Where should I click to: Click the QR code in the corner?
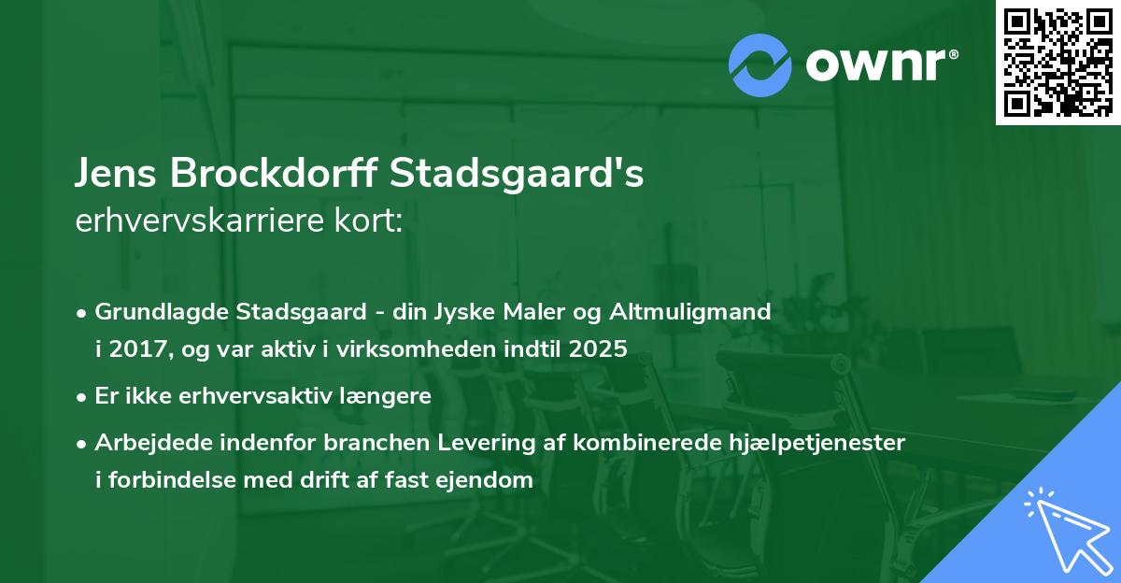(x=1058, y=63)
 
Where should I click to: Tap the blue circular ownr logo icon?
(x=760, y=65)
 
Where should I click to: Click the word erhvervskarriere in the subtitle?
(x=202, y=221)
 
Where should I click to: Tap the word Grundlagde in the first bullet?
(x=153, y=311)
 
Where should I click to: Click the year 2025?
(x=600, y=349)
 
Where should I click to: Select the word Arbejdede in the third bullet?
(x=148, y=442)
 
